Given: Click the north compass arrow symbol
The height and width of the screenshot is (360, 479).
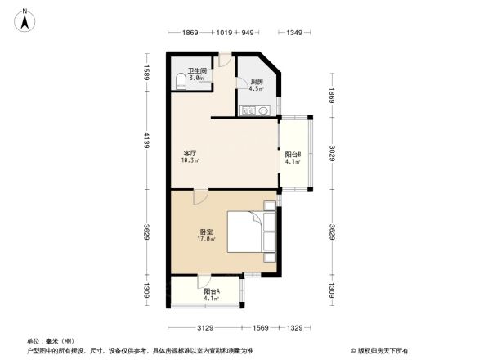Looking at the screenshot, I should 25,20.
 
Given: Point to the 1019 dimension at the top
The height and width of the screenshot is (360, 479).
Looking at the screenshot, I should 226,33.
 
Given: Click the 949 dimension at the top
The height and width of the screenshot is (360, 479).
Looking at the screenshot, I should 248,33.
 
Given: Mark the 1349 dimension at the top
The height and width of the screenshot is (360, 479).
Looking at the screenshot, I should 295,33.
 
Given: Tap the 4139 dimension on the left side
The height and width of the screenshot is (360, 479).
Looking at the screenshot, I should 145,148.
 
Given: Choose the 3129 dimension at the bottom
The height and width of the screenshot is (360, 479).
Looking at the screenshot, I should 204,328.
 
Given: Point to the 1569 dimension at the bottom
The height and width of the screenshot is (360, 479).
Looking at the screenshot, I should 261,328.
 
